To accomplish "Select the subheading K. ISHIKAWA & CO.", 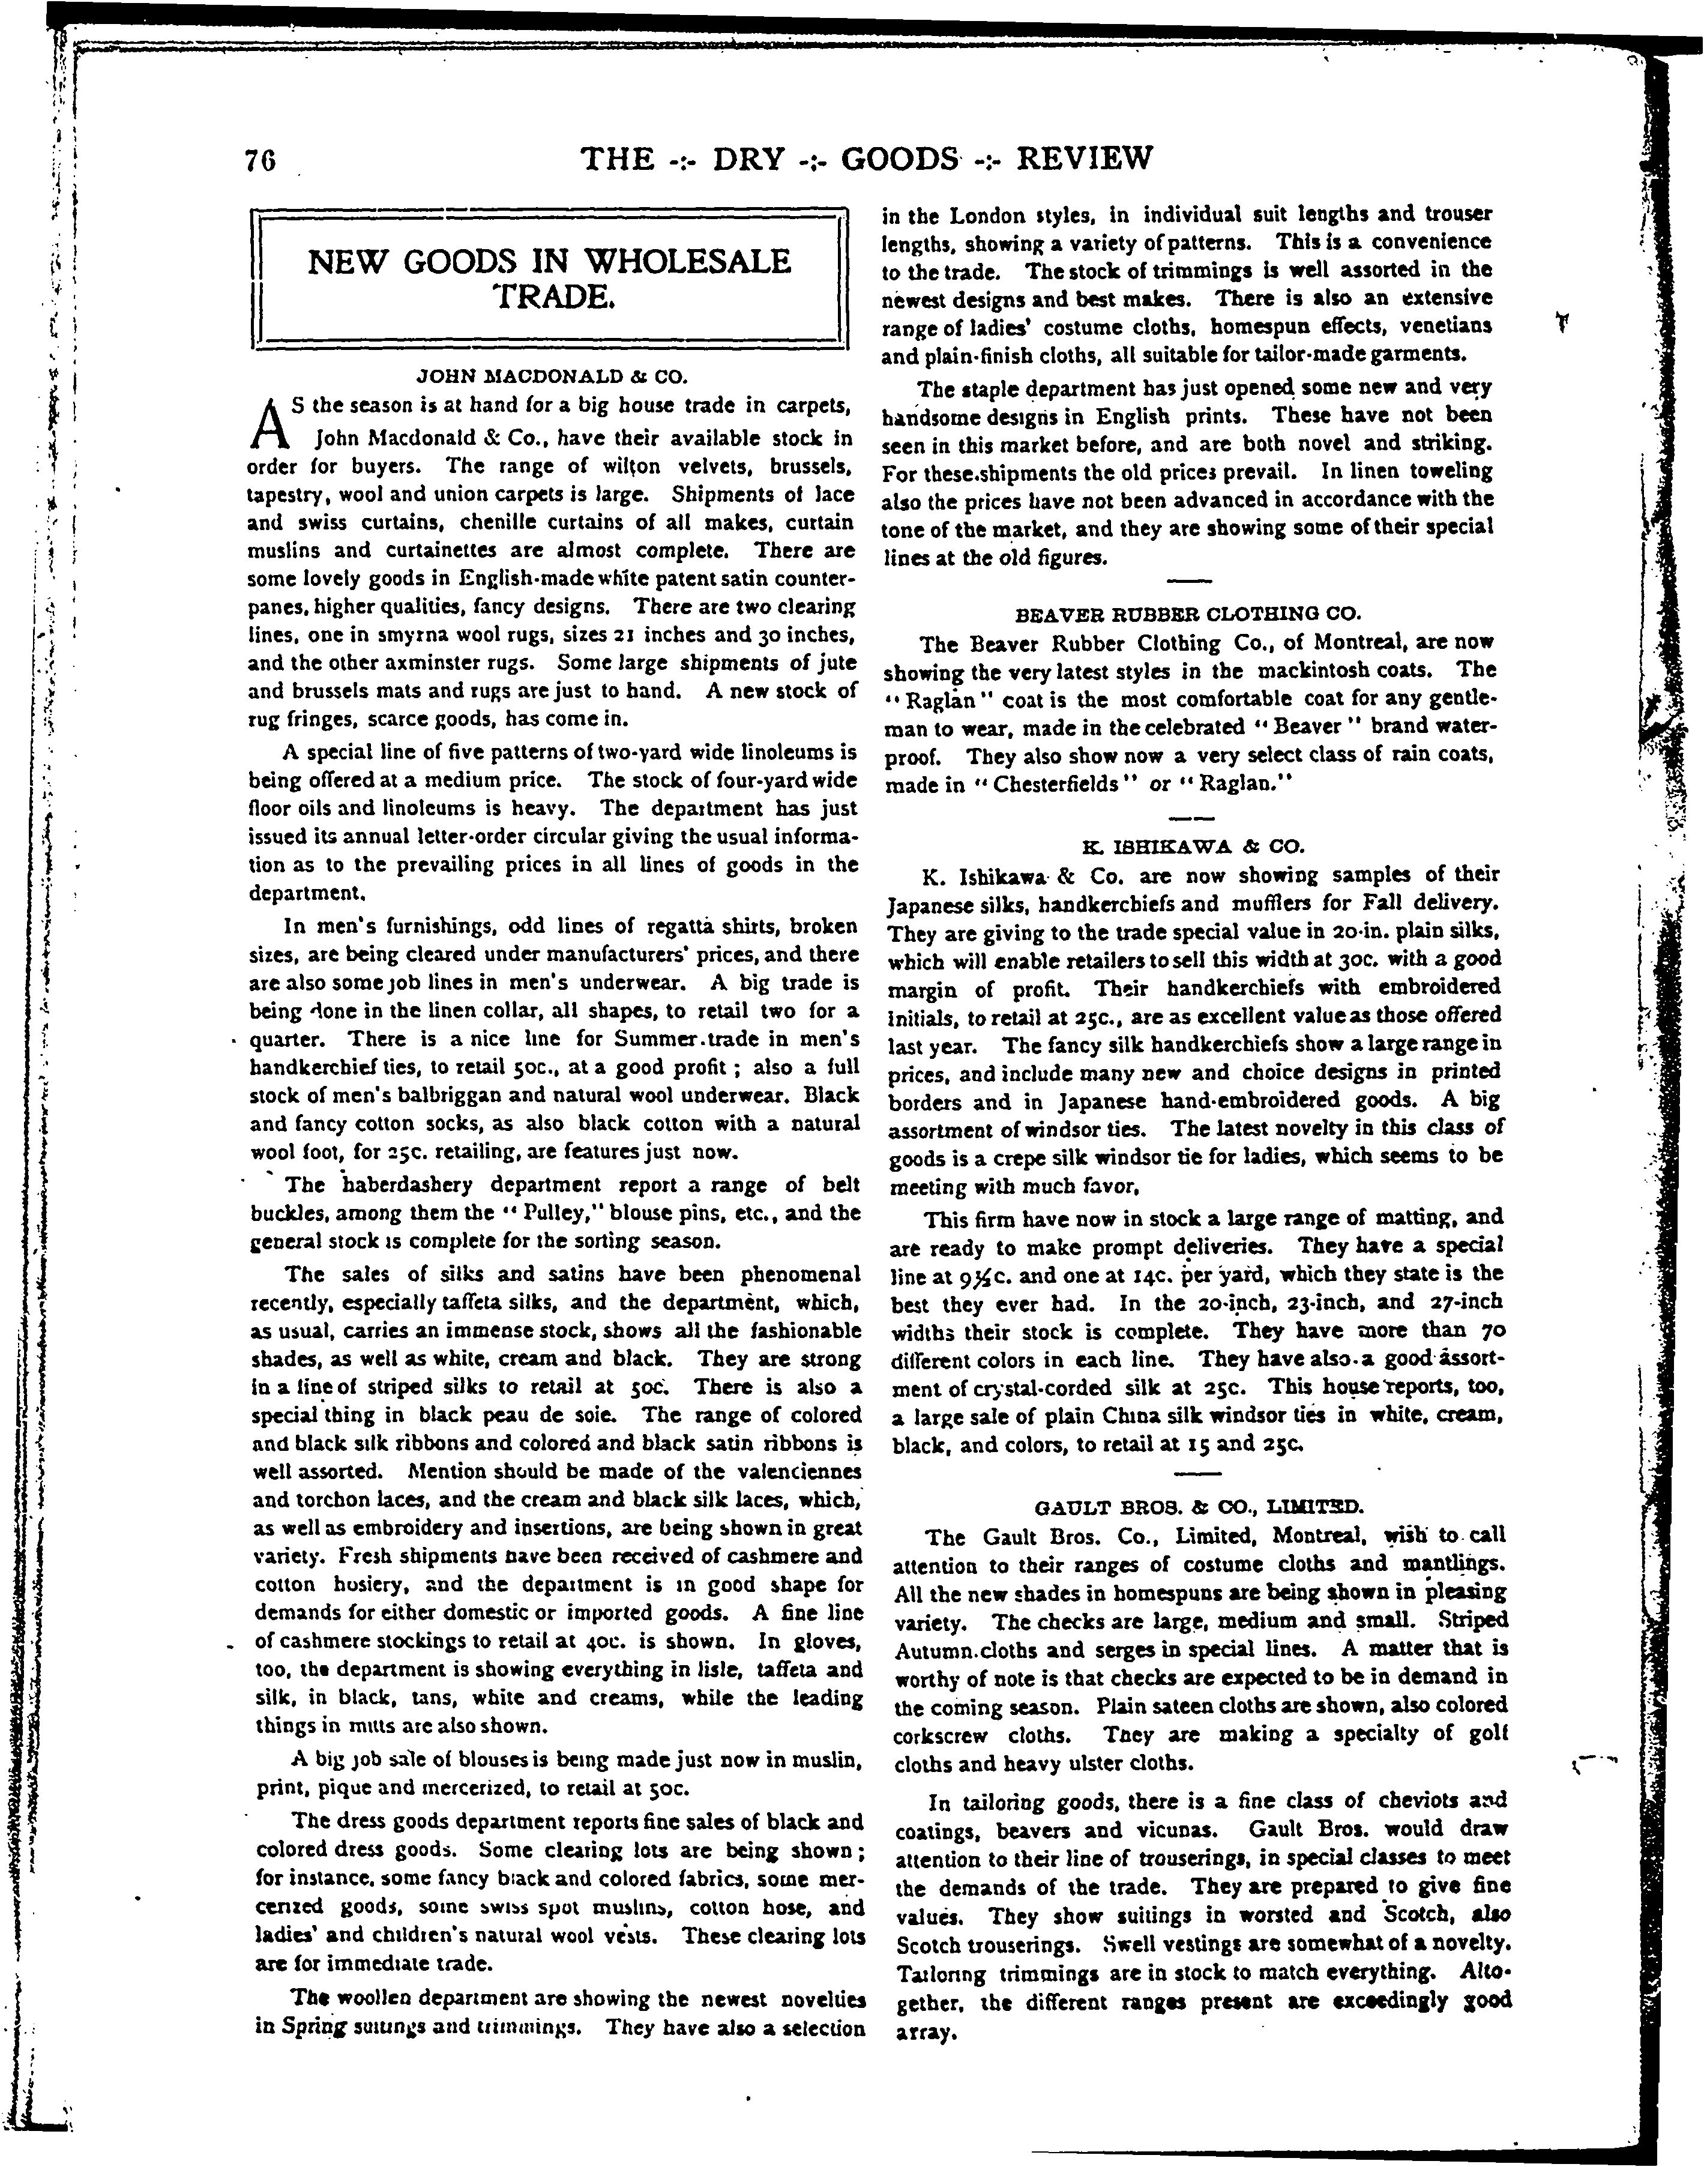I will click(x=1193, y=846).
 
